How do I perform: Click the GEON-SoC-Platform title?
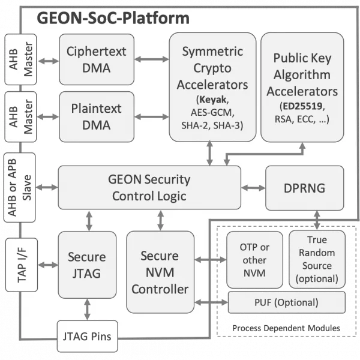coord(113,17)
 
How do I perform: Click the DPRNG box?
coord(304,187)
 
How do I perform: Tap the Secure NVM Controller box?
coord(160,273)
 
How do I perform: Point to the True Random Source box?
coord(317,258)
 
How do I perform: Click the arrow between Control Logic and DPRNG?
coord(253,188)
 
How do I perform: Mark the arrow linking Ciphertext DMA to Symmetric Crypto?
coord(152,59)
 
